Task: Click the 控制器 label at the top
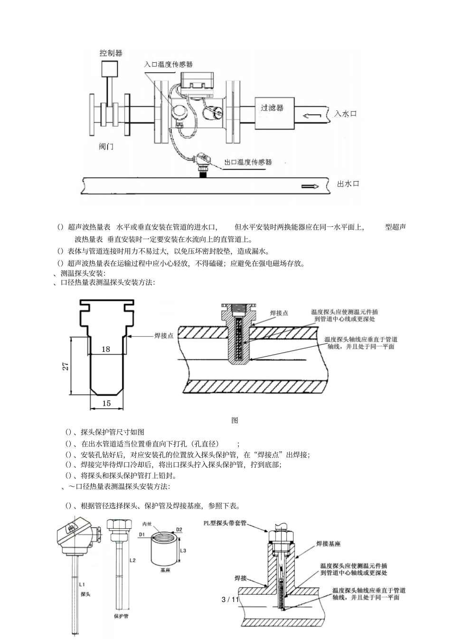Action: click(111, 53)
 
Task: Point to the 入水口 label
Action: click(345, 114)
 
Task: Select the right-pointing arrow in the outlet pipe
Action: click(310, 186)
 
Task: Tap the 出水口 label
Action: click(348, 184)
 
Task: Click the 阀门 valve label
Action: click(106, 146)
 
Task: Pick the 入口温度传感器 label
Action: click(169, 64)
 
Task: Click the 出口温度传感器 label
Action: click(248, 162)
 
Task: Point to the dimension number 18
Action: click(105, 349)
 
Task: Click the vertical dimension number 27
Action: click(66, 366)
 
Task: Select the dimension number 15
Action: click(106, 403)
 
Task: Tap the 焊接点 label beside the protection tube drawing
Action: click(164, 336)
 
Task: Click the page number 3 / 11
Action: click(231, 599)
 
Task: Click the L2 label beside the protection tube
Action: click(132, 561)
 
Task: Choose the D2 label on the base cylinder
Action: click(179, 529)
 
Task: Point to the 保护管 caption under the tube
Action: click(121, 616)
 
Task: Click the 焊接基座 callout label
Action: click(329, 543)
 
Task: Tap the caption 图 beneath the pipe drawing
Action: click(235, 420)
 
